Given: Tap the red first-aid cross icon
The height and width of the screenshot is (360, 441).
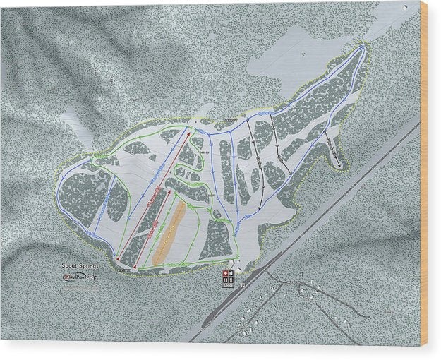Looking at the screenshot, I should [226, 273].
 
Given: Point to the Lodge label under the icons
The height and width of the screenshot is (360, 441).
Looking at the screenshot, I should [227, 286].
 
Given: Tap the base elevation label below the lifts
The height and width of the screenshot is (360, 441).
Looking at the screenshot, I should [125, 270].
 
